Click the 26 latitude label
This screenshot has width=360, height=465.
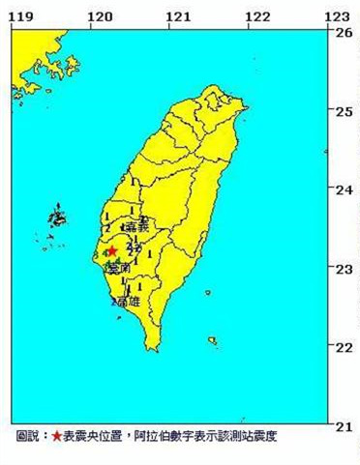pos(344,32)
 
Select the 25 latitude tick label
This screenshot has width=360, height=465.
pos(344,111)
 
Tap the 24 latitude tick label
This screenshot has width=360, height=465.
pos(344,189)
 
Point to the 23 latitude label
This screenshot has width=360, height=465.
pos(344,269)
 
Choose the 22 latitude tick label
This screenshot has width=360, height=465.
pos(344,347)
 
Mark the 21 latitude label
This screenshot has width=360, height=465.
pos(344,426)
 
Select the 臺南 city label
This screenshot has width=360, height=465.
pos(119,268)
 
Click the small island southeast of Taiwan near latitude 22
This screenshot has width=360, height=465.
pos(212,339)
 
